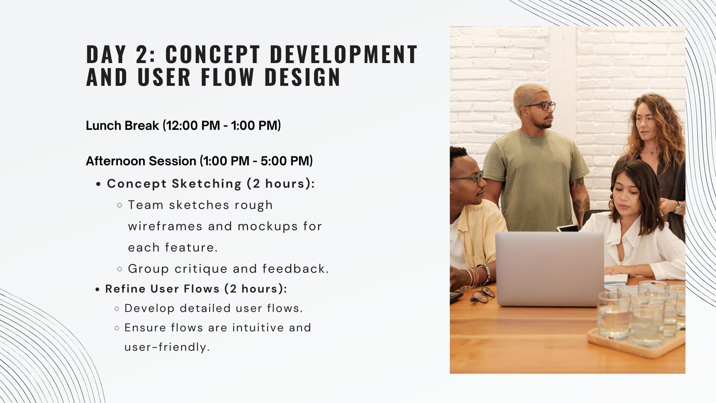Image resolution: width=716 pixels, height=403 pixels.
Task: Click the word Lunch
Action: [103, 126]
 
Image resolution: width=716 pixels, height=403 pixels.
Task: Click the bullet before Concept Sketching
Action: [98, 184]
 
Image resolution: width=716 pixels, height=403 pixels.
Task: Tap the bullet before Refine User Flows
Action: [98, 289]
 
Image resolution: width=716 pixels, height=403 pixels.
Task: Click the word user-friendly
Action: [167, 347]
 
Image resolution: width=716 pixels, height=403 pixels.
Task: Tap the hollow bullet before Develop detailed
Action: [117, 309]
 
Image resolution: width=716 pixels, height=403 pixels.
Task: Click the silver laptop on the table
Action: [550, 269]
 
